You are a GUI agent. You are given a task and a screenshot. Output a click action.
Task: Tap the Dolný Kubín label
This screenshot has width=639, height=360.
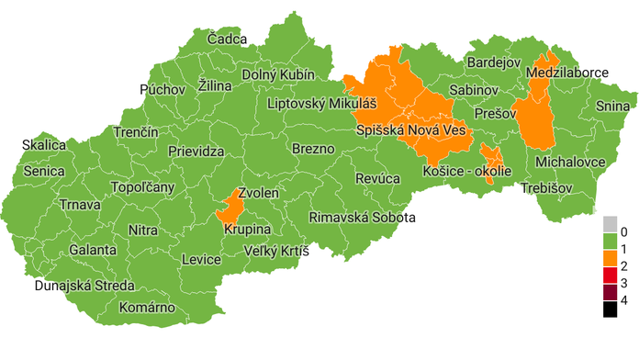[x=278, y=74]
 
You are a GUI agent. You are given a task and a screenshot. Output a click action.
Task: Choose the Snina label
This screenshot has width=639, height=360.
[x=612, y=107]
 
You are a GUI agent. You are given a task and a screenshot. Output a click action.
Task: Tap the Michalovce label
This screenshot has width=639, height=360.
[x=570, y=162]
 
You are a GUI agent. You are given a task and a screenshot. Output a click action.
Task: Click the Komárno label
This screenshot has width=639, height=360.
[x=146, y=308]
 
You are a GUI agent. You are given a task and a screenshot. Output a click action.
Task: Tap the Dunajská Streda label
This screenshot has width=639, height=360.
[x=84, y=286]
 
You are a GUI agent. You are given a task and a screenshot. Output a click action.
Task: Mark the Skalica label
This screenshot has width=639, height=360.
[x=45, y=145]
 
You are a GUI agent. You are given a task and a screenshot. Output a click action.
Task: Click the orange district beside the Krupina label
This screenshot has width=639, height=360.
[x=230, y=210]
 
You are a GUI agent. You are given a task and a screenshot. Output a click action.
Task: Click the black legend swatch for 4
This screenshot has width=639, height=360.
[x=611, y=309]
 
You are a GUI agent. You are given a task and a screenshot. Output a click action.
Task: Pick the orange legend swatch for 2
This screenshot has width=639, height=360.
[x=611, y=266]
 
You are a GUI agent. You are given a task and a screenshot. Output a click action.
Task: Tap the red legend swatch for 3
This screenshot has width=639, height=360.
[x=611, y=276]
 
